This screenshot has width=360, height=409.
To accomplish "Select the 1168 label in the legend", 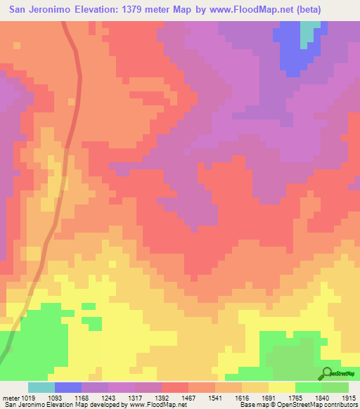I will [94, 398].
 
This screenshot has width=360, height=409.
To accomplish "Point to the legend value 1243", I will [121, 398].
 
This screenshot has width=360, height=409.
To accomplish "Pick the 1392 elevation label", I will [174, 398].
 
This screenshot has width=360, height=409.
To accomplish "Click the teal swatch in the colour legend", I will [41, 387].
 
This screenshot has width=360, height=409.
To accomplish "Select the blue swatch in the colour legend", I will [68, 387].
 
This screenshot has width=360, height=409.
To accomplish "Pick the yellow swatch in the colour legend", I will [281, 387].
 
